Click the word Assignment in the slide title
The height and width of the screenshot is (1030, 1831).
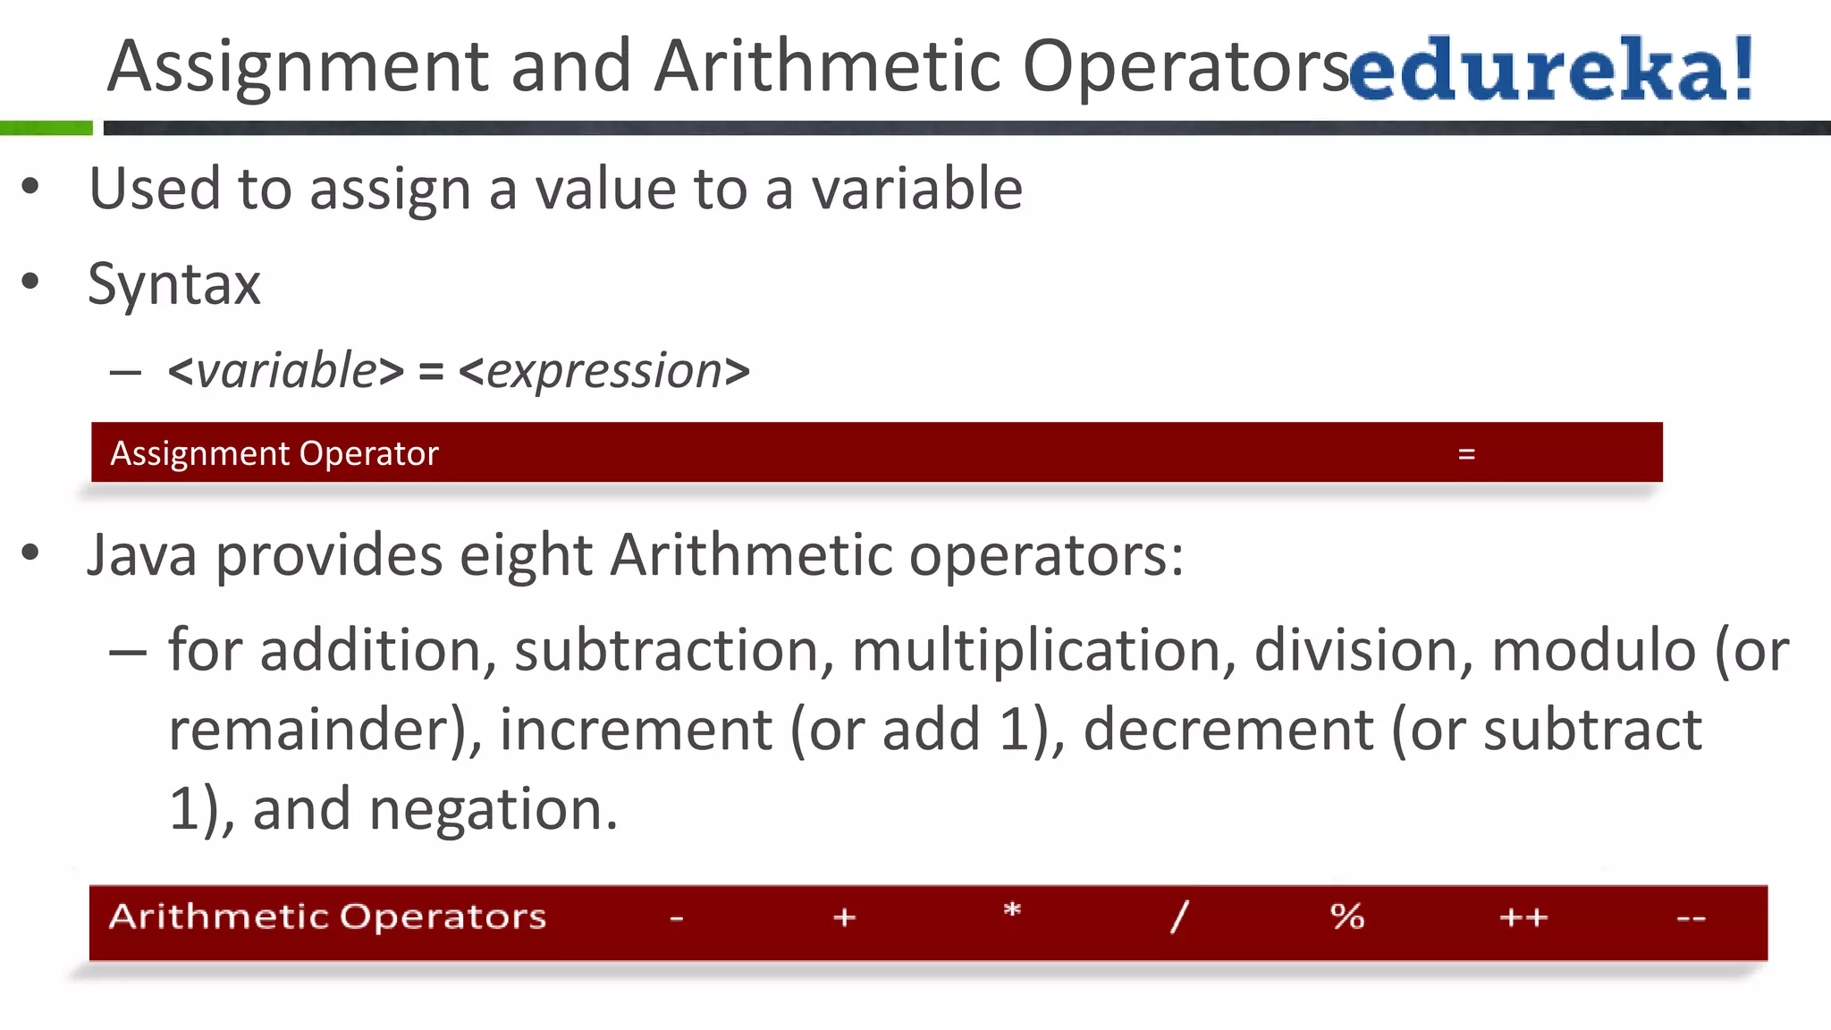298,68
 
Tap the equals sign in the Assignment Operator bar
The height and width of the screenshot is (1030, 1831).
1466,454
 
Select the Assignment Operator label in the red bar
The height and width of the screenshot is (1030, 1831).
274,454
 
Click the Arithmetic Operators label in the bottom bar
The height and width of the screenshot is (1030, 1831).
327,916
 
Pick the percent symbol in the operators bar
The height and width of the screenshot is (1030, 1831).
1347,916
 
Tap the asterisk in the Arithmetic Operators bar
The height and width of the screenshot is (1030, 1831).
1012,912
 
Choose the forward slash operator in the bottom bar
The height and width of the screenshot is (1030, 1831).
1180,916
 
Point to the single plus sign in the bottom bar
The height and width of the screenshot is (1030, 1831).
844,917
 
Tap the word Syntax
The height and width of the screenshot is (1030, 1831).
174,285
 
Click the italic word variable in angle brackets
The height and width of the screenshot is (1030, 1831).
286,370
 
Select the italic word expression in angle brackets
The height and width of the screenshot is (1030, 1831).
604,370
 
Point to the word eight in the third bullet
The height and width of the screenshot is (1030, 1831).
526,556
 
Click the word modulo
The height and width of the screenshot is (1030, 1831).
1594,650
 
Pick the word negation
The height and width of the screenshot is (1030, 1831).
493,809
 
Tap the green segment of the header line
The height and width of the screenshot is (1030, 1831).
46,128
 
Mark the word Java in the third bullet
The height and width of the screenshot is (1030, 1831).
142,556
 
